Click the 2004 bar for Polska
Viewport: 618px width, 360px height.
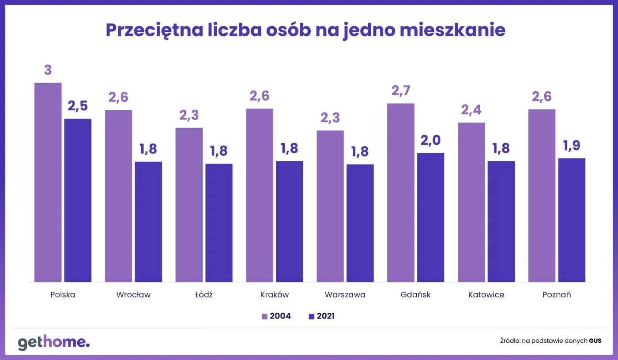coord(48,182)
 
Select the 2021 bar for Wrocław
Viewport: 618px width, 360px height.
coord(148,221)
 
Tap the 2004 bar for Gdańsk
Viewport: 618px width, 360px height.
coord(401,192)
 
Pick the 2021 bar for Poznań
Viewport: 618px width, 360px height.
coord(572,220)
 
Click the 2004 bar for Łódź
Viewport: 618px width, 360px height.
coord(189,205)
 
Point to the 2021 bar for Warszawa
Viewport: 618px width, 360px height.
coord(360,223)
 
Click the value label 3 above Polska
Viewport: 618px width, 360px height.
coord(48,70)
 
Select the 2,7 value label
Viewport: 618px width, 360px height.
coord(401,91)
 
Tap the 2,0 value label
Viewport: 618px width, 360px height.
coord(430,141)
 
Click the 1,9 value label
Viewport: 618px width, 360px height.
coord(572,146)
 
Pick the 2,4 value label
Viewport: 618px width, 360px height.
coord(471,110)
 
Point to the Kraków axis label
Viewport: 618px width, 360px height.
coord(274,295)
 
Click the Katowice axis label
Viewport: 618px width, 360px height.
coord(486,295)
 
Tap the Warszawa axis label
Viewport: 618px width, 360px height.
coord(345,295)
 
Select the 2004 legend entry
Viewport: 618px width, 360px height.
coord(276,316)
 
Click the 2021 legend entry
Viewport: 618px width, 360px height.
coord(321,316)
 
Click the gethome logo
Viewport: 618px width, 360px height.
coord(53,342)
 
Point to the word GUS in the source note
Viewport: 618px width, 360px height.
coord(595,341)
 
